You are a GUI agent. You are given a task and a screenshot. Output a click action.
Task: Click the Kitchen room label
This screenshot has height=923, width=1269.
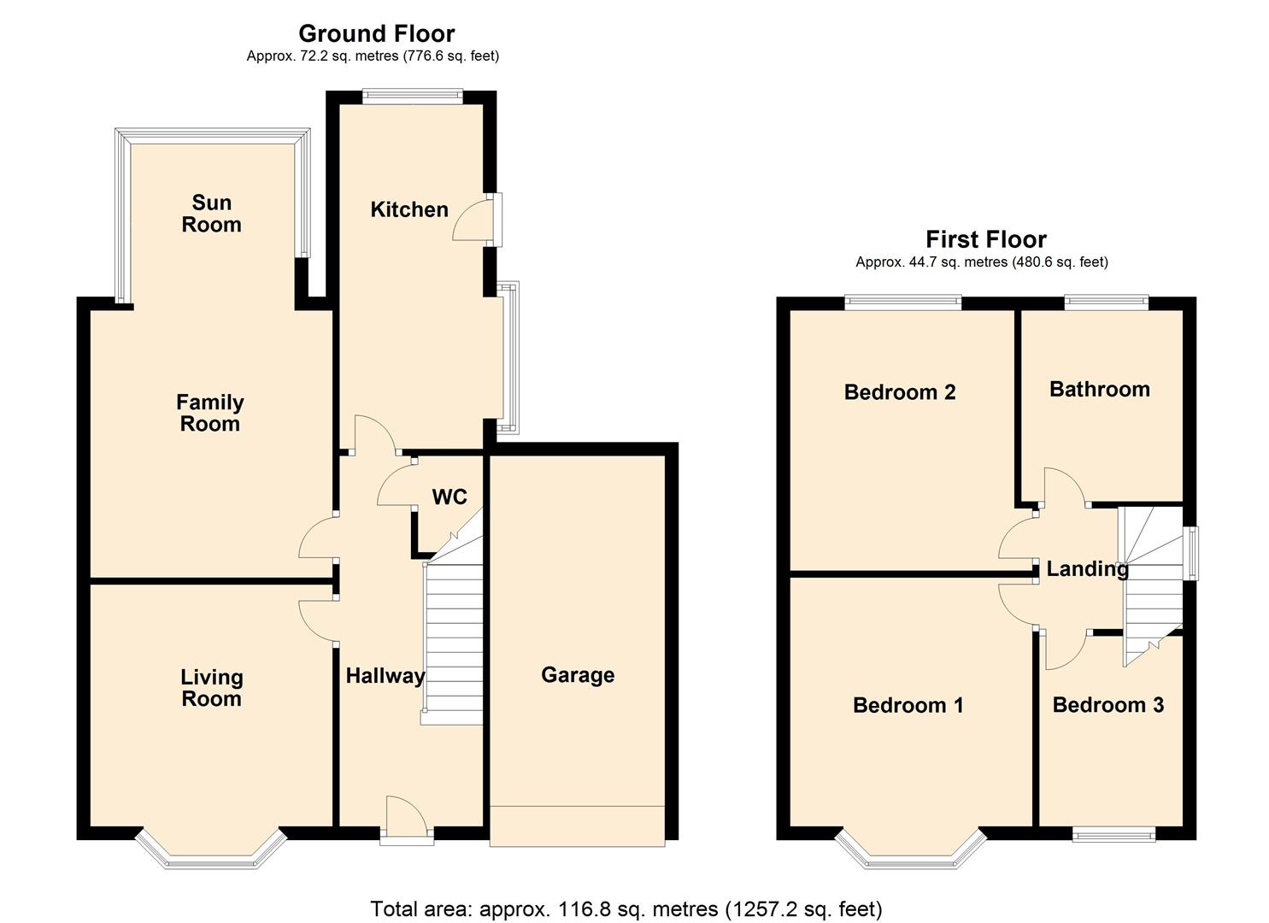pos(409,209)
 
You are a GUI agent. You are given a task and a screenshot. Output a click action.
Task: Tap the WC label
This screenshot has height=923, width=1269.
pos(449,497)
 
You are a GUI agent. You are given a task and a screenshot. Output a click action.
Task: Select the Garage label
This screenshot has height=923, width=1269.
pos(578,675)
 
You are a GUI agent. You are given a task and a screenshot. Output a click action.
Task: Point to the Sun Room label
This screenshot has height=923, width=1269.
pos(211,214)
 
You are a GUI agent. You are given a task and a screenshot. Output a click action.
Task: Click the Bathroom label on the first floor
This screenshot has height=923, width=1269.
pos(1100,389)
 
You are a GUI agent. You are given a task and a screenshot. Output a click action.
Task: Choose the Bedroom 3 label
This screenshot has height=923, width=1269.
pos(1108,705)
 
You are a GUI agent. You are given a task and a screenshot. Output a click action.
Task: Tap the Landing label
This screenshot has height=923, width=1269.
pos(1087,569)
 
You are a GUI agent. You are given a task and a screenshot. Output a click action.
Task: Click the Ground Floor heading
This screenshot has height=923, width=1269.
pos(377,34)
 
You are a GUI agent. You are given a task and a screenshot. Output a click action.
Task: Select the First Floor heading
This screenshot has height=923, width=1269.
pos(986,239)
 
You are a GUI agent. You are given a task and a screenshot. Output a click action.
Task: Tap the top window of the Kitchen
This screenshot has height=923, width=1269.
pos(413,97)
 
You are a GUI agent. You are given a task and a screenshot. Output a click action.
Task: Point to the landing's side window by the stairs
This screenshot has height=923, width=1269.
pos(1193,553)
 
